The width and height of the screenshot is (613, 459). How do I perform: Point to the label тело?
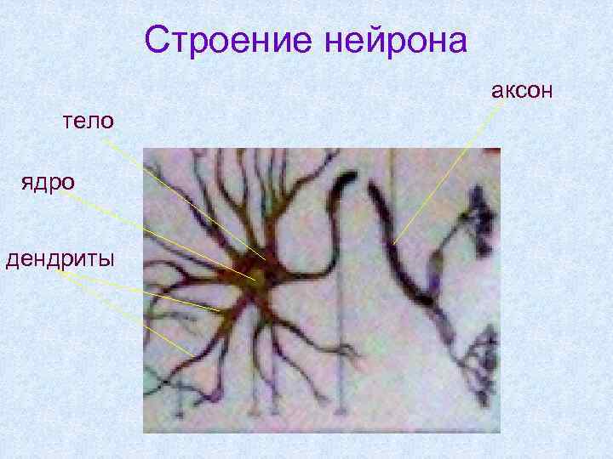click(87, 121)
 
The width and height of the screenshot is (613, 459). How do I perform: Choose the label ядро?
click(49, 181)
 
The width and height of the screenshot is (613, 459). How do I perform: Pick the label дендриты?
click(59, 258)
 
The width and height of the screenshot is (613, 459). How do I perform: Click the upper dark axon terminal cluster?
click(478, 221)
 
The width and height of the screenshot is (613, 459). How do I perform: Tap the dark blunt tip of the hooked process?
click(347, 182)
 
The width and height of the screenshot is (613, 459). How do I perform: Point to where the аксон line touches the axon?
click(395, 244)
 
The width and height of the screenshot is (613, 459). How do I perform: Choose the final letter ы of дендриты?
click(106, 258)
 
